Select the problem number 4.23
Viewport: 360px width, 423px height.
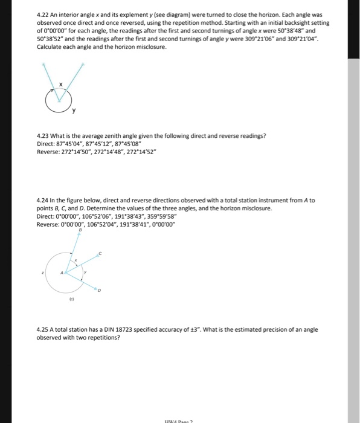tap(42, 135)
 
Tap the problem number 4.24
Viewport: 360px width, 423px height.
tap(42, 200)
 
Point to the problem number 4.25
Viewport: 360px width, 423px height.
tap(42, 329)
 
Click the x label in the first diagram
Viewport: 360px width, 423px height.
tap(61, 85)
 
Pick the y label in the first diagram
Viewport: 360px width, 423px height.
tap(74, 111)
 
